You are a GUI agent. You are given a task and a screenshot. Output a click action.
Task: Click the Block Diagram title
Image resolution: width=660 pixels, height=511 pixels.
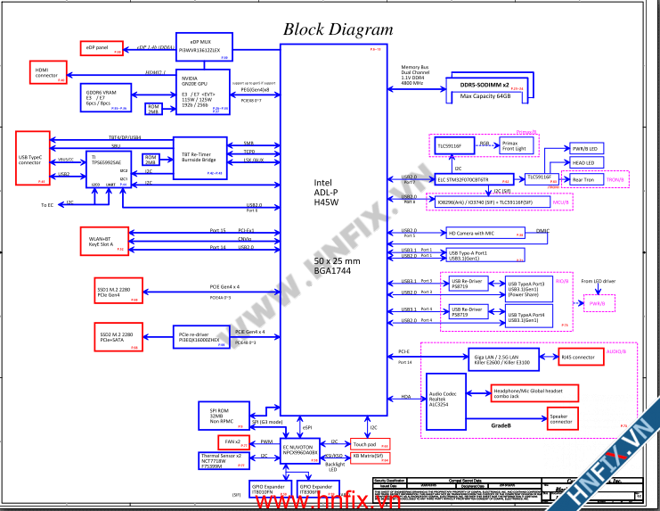338,29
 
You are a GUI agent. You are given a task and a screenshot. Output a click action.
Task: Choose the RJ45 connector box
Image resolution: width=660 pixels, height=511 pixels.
578,359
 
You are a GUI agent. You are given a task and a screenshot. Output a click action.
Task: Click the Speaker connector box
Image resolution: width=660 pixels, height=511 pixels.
561,417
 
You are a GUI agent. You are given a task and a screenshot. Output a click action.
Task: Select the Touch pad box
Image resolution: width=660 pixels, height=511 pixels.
364,443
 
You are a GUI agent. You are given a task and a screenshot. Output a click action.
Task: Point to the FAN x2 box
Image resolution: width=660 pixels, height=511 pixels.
232,441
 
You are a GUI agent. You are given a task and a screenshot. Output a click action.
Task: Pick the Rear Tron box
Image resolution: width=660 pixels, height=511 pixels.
584,180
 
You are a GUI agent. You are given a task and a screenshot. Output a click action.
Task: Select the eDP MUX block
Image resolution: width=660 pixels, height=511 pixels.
204,47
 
